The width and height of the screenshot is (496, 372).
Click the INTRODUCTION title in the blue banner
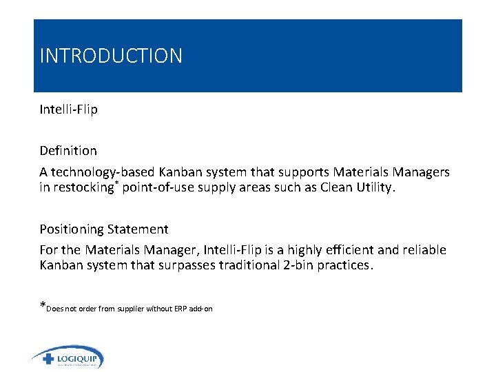pos(111,56)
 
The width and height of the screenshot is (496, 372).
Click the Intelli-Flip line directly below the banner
pos(68,110)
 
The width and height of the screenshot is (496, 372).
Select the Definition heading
pos(68,150)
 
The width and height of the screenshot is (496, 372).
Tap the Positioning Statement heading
pos(104,229)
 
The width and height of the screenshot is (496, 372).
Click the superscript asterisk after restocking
pos(118,184)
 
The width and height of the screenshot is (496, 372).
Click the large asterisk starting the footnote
pos(43,307)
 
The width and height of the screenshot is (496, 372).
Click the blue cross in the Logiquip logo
pos(48,359)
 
